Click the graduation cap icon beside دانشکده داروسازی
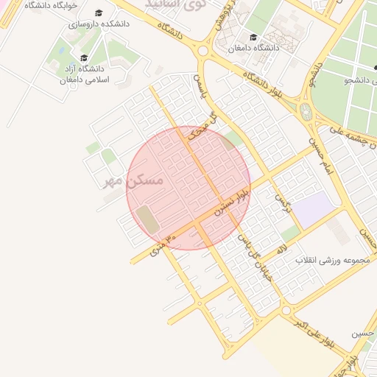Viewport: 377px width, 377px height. point(99,13)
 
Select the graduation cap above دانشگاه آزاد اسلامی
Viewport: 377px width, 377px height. point(83,58)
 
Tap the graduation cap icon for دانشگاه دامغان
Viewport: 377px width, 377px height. point(254,37)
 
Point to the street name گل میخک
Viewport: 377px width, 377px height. point(202,126)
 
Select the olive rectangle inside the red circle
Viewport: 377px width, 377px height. point(147,220)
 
